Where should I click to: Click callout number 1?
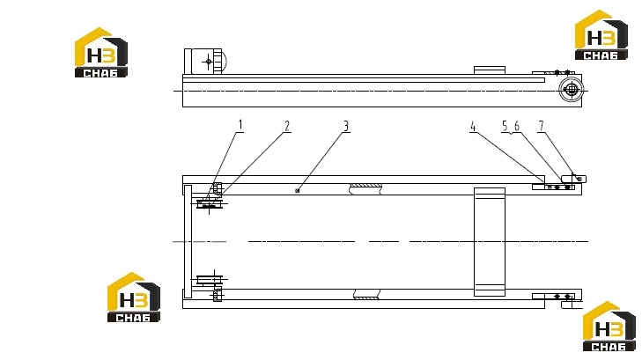click(x=240, y=124)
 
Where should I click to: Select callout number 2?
click(x=287, y=126)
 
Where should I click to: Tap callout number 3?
click(x=346, y=126)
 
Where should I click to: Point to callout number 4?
click(x=473, y=127)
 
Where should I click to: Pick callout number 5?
click(x=505, y=126)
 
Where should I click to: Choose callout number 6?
click(x=517, y=126)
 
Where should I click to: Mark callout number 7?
click(x=542, y=126)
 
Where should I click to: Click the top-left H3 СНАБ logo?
click(x=101, y=52)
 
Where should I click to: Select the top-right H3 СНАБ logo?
click(x=601, y=35)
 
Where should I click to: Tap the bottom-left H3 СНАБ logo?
click(x=134, y=297)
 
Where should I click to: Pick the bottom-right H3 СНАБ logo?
click(x=609, y=326)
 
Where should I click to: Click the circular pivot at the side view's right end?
click(x=571, y=90)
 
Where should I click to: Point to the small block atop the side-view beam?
click(x=490, y=70)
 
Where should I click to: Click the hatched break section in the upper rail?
click(x=365, y=188)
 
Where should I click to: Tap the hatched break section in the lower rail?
click(x=367, y=294)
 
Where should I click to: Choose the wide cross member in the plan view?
click(x=490, y=242)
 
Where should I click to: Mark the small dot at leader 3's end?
click(x=298, y=191)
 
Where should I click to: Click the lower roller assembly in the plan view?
click(x=210, y=280)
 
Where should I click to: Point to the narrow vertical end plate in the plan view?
click(x=188, y=242)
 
